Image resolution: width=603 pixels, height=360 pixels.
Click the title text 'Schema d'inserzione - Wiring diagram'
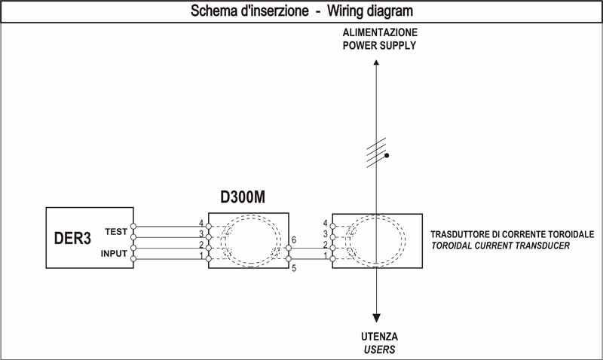301,12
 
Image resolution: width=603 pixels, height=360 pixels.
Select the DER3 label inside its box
72,238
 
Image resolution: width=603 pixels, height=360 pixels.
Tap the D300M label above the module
243,198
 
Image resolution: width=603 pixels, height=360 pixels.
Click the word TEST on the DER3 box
116,232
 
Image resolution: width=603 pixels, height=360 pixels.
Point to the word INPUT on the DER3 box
114,254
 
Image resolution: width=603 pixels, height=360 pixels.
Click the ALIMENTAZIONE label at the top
379,34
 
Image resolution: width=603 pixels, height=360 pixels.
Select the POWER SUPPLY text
379,45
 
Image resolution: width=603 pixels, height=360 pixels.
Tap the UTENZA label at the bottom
378,337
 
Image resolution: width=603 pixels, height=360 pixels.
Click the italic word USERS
378,349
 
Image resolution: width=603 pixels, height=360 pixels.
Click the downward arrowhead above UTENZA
376,318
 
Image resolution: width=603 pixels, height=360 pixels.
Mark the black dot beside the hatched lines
387,156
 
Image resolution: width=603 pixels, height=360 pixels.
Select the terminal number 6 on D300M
292,239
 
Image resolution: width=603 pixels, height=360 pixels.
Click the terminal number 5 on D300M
292,269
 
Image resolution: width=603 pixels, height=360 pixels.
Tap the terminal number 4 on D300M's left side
201,224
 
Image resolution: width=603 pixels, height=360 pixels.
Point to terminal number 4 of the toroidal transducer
325,224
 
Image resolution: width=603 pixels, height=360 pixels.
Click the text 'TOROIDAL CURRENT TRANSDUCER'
500,246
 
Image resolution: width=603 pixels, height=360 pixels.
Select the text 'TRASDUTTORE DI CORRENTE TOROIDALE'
512,234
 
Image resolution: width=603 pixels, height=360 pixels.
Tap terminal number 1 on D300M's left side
201,257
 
